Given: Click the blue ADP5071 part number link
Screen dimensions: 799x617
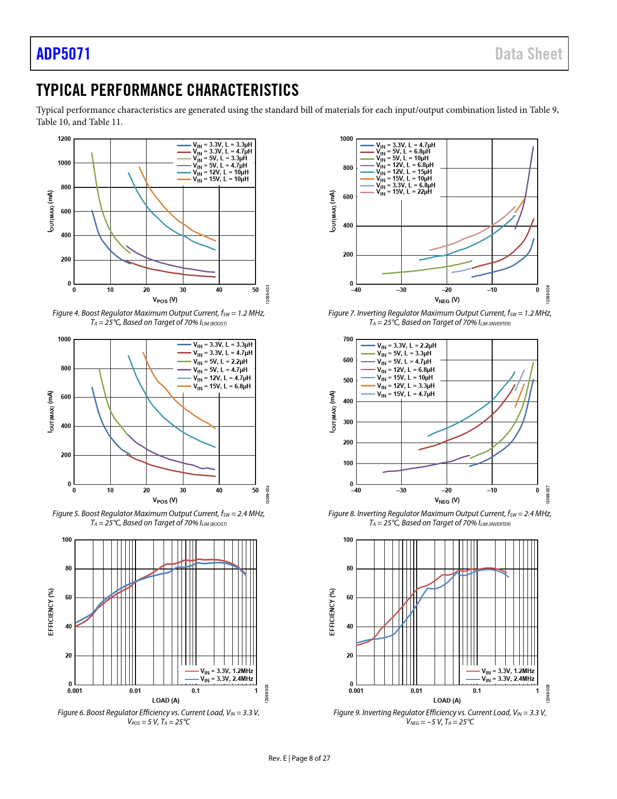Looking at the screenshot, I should (x=63, y=54).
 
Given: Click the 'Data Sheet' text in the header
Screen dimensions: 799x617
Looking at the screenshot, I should (x=528, y=54).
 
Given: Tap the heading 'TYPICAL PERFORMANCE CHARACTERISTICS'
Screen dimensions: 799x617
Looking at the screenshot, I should (x=167, y=90).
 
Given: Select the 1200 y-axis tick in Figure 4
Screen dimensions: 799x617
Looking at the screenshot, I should (x=64, y=139).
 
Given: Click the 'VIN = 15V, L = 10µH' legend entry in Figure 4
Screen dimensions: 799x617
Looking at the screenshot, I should (x=221, y=179).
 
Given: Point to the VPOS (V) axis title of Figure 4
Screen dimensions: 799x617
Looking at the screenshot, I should (x=165, y=300).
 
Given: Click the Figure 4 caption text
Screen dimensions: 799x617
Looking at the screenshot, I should (x=159, y=318).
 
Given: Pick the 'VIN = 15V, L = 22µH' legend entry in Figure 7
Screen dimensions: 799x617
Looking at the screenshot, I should (x=404, y=192).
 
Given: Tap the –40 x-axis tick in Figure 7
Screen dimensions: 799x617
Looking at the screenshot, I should (x=356, y=290).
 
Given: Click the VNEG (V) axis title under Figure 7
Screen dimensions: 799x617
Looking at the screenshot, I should (x=447, y=300).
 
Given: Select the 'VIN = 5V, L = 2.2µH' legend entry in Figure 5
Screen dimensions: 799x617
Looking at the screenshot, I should (x=221, y=362).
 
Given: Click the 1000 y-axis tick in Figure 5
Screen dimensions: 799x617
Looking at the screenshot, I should (x=64, y=339).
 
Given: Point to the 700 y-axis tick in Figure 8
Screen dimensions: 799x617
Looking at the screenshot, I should (x=348, y=339).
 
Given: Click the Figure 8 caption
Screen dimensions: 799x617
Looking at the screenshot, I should (x=439, y=518).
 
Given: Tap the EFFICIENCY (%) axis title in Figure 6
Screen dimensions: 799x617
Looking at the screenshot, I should (x=51, y=612).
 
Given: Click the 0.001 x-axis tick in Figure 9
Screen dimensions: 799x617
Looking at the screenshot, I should (x=356, y=691).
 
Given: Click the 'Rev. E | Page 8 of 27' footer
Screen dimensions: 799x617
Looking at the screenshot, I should (x=299, y=758).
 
